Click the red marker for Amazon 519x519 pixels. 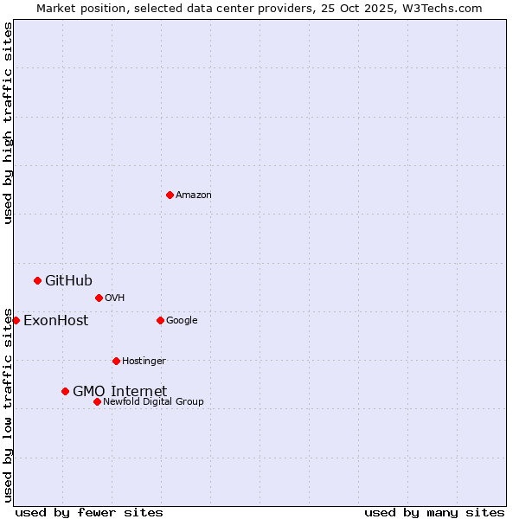[x=170, y=195]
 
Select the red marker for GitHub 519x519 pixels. [x=37, y=280]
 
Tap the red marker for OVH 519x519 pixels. [x=99, y=298]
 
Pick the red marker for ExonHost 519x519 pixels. [x=16, y=320]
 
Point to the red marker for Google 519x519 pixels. [x=160, y=320]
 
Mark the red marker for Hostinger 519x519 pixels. [x=116, y=361]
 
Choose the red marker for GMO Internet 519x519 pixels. [x=65, y=391]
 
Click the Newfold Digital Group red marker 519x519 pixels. [x=97, y=401]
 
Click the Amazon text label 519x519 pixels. [x=194, y=195]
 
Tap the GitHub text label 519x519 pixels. [x=68, y=280]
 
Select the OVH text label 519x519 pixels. [x=115, y=298]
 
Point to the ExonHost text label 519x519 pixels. [x=55, y=321]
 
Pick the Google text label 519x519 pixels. [x=182, y=321]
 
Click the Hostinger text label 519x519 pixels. [x=144, y=362]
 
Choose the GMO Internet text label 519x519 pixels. [x=119, y=391]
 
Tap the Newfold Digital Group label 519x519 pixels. [x=153, y=402]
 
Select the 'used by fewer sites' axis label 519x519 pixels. [x=89, y=512]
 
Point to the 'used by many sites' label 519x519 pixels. [x=434, y=512]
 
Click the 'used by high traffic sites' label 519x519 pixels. [x=8, y=123]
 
